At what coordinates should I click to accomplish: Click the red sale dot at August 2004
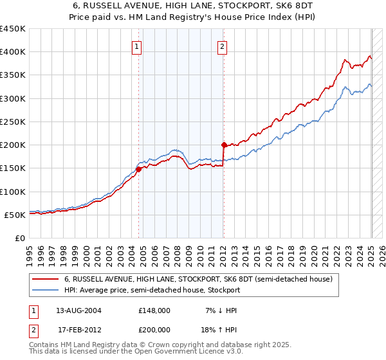[138, 169]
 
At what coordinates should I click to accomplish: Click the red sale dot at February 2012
[224, 145]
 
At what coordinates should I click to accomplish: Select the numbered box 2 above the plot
[222, 46]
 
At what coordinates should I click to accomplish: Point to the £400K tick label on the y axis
[13, 52]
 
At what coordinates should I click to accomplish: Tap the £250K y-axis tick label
[13, 122]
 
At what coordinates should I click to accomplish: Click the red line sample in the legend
[45, 279]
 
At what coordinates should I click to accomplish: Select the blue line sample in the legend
[45, 290]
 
